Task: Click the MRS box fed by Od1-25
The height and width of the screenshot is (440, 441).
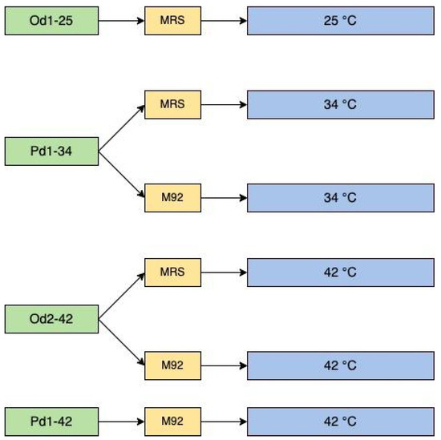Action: (x=172, y=20)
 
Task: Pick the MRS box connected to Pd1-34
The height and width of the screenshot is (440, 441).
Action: (x=172, y=104)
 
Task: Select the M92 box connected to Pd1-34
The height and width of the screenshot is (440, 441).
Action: (x=172, y=196)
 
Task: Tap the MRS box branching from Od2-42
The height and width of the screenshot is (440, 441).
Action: (x=172, y=272)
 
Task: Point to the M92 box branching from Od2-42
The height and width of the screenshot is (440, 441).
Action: (x=172, y=365)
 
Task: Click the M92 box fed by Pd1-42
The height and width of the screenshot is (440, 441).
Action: (x=172, y=420)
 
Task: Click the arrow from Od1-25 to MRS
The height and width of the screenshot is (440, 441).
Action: (x=121, y=20)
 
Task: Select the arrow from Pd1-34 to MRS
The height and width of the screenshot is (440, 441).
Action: (x=121, y=127)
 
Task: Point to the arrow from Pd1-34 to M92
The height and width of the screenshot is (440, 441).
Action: (x=121, y=173)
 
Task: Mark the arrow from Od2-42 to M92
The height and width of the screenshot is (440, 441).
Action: (x=121, y=342)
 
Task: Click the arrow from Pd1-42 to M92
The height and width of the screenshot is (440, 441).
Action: (x=121, y=420)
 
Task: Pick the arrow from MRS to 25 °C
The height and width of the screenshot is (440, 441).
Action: (x=224, y=20)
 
